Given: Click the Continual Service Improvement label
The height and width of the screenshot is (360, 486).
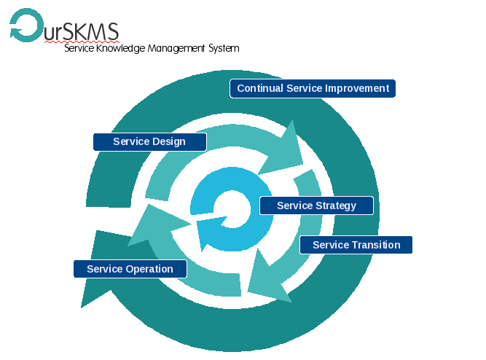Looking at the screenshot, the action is [313, 88].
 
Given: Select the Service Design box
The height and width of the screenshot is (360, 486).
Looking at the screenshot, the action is [149, 141].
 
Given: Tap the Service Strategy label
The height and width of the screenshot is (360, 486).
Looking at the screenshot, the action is [316, 206].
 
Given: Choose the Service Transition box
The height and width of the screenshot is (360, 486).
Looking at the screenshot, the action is [356, 245].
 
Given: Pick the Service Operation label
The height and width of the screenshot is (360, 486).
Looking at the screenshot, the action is [130, 269].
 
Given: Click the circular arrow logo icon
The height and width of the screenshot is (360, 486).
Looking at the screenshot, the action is [26, 25].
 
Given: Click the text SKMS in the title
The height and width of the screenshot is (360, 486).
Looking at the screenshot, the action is [92, 31].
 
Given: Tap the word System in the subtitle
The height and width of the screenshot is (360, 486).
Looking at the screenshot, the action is [224, 49].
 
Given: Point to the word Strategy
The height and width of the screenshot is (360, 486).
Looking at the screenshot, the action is [336, 206].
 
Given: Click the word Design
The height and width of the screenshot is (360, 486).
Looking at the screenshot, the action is [169, 141].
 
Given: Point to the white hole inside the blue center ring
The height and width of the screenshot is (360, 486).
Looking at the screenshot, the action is [232, 209].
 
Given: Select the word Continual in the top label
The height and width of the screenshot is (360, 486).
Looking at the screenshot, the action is [260, 88].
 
